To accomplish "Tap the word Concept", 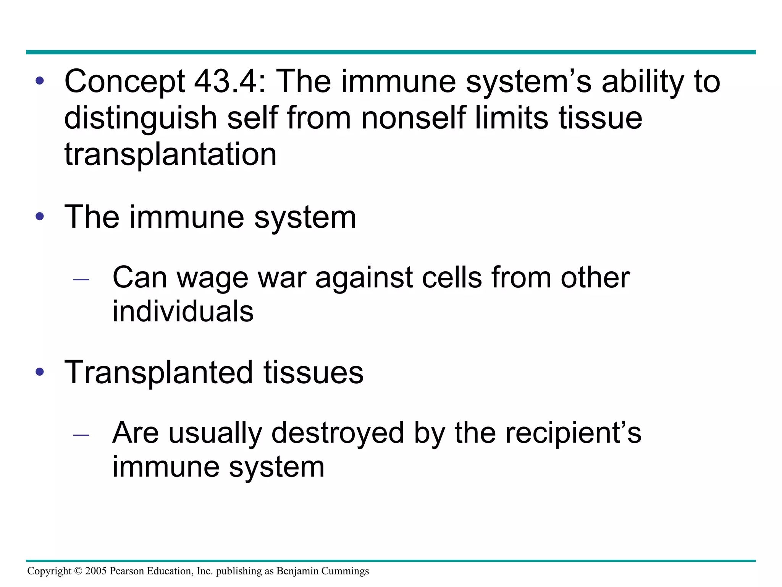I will coord(125,82).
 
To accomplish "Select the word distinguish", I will coord(141,118).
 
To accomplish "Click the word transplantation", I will coord(170,155).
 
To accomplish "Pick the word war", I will coord(282,278).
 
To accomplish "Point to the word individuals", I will coord(183,311).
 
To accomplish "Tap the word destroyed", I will coord(338,434).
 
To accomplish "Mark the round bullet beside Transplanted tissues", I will coord(40,372).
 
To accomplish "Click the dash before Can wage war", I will coord(81,280).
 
